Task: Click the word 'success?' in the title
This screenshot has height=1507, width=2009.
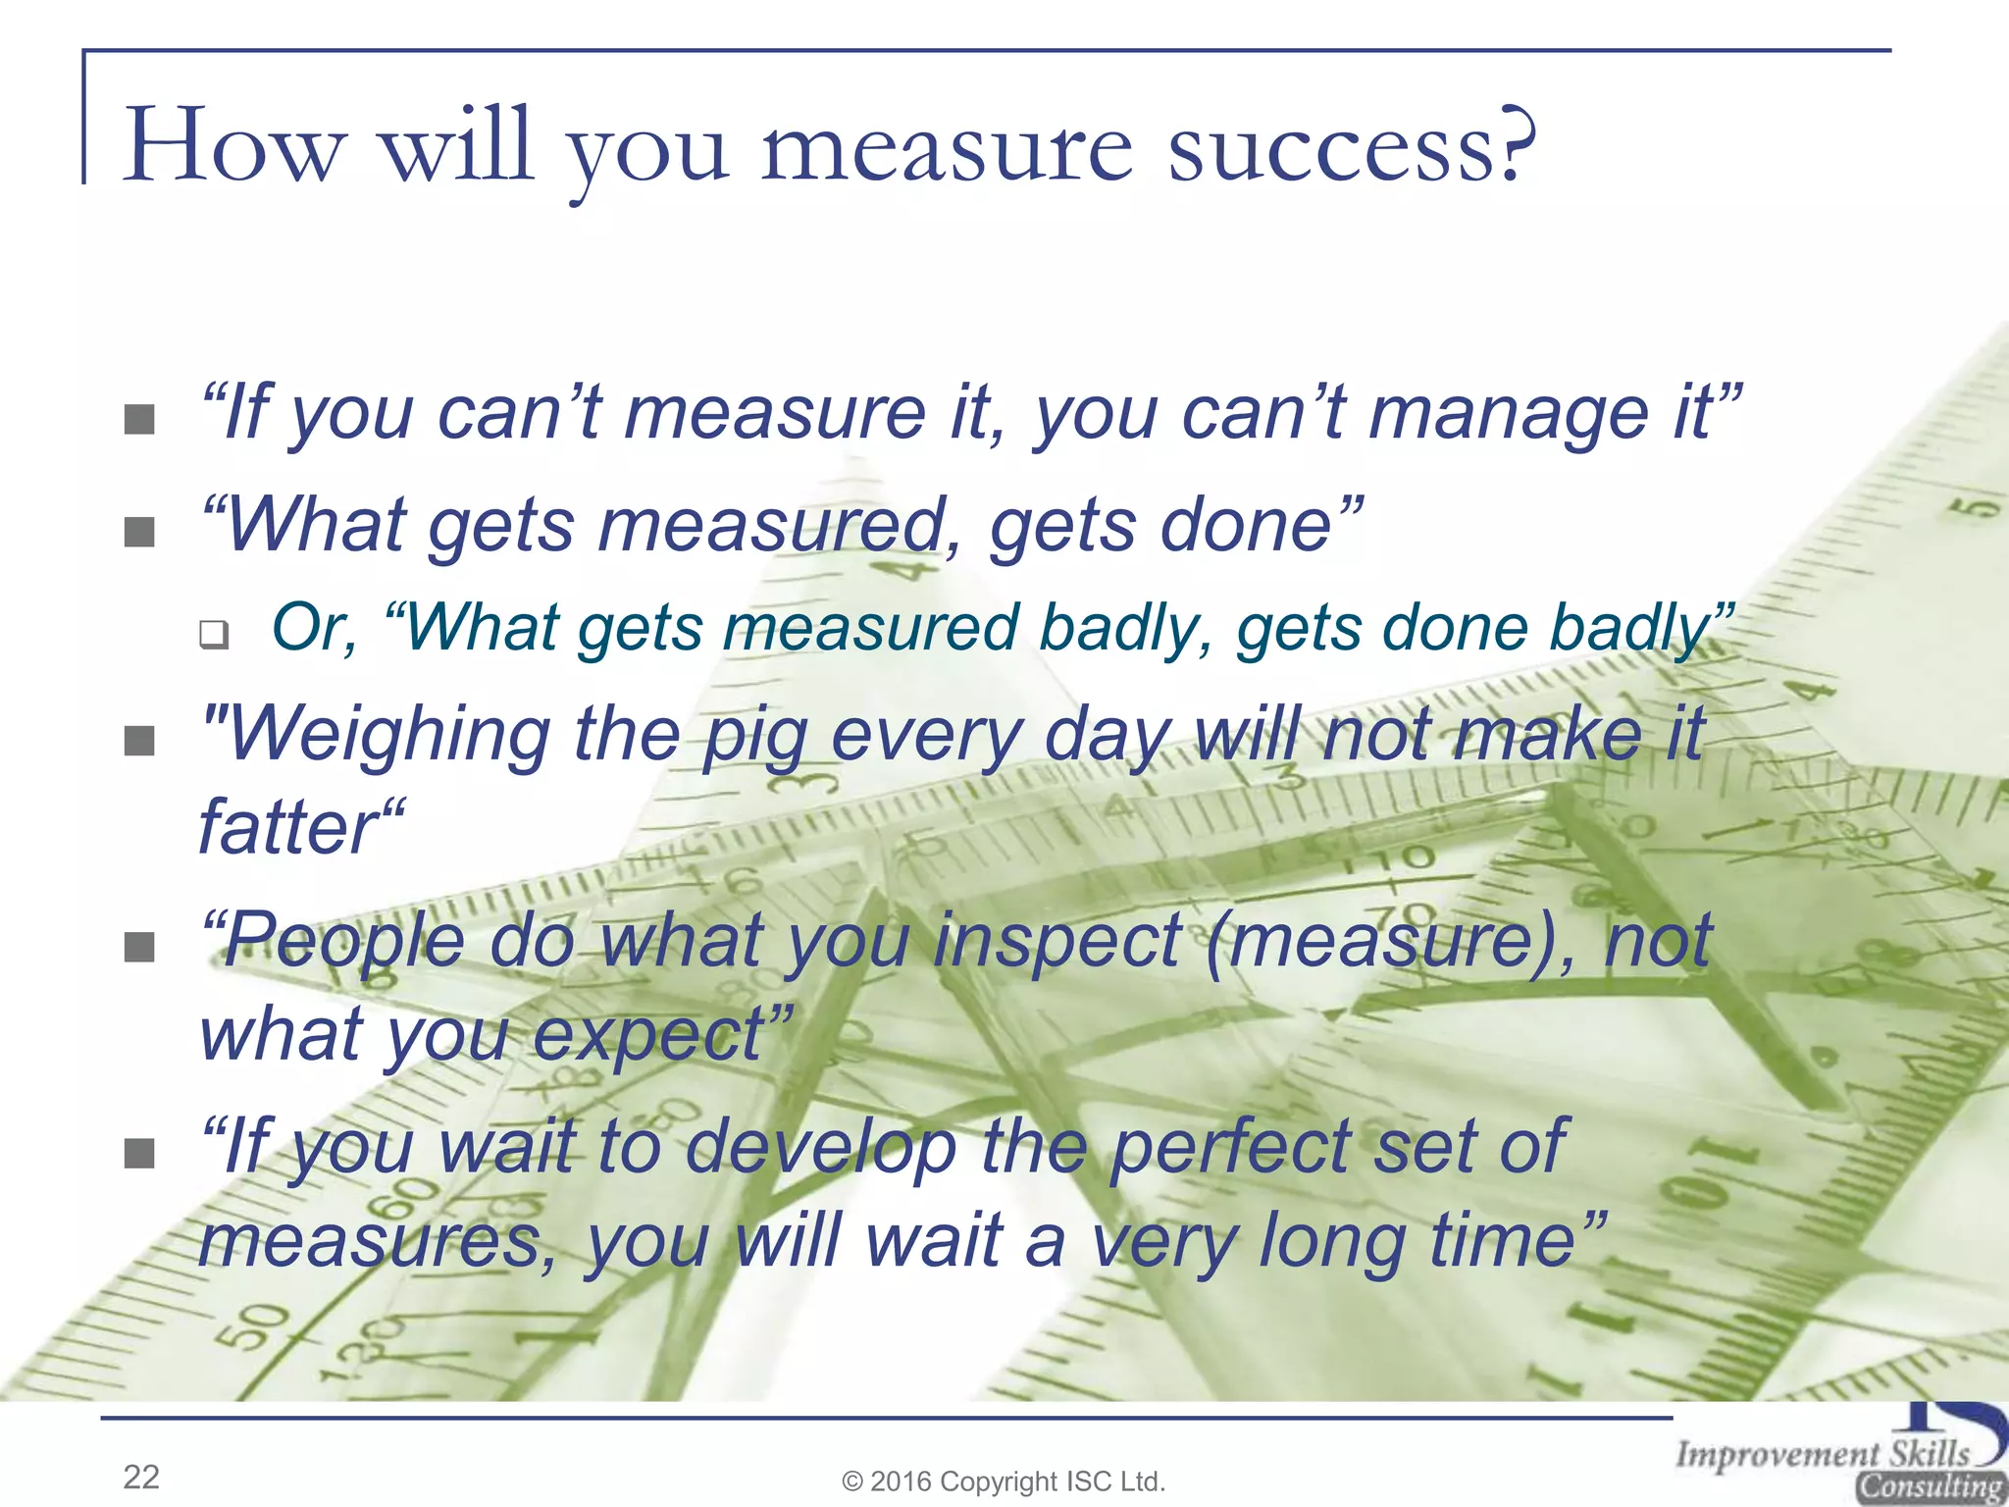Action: tap(1352, 148)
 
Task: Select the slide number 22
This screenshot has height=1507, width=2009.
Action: tap(141, 1477)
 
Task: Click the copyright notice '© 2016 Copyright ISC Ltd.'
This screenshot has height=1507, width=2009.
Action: tap(1004, 1481)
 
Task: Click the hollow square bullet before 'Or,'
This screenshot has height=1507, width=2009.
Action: tap(214, 634)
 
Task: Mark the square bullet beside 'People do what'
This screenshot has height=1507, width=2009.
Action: tap(140, 947)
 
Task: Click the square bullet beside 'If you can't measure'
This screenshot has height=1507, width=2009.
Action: tap(140, 420)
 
